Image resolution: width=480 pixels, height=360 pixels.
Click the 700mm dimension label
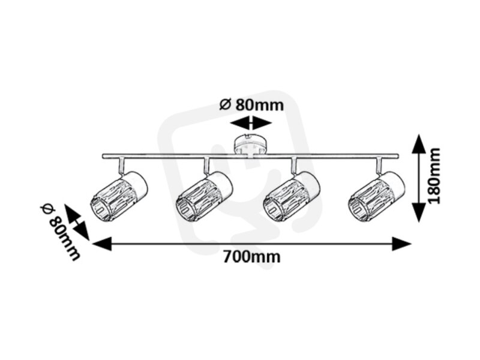(x=251, y=257)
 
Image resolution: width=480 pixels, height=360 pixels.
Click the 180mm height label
(x=434, y=176)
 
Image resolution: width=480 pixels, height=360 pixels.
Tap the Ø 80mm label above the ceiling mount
(x=251, y=105)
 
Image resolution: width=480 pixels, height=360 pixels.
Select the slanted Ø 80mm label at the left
(x=60, y=231)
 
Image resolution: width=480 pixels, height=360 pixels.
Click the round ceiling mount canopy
(x=251, y=145)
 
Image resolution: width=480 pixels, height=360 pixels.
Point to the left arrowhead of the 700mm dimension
(x=101, y=244)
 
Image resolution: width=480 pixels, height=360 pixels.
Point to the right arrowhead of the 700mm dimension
(x=401, y=244)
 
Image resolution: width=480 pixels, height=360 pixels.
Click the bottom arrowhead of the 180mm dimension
(x=418, y=212)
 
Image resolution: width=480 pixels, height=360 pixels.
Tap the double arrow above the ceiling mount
(x=251, y=123)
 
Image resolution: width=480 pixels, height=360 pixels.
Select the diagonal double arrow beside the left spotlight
(x=77, y=223)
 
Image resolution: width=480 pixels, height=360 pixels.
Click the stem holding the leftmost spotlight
(x=122, y=165)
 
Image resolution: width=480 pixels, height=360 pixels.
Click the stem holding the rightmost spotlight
(x=379, y=165)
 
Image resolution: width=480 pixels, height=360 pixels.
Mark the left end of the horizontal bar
(x=103, y=156)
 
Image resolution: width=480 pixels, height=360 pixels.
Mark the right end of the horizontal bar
(x=398, y=156)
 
